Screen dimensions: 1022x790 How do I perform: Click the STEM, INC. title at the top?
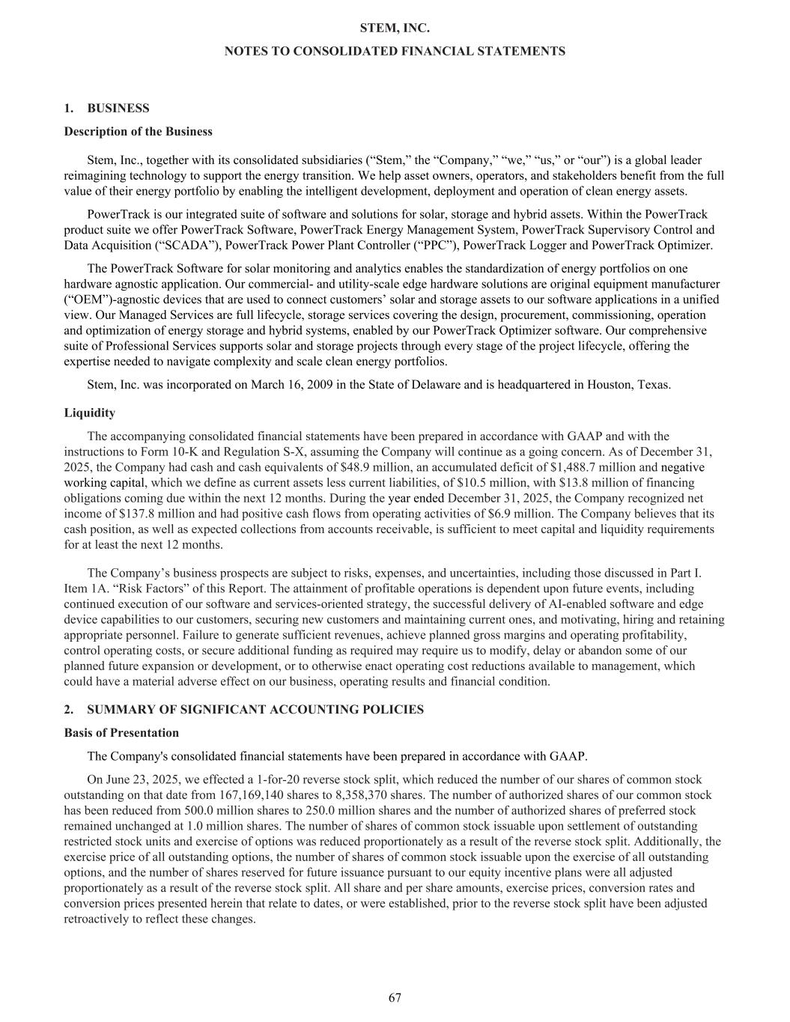click(395, 28)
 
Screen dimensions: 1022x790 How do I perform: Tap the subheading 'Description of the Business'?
click(138, 132)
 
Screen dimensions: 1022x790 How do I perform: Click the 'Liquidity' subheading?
click(89, 413)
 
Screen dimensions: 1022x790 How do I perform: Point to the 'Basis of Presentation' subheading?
click(121, 732)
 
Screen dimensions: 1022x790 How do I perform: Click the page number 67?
click(395, 997)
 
